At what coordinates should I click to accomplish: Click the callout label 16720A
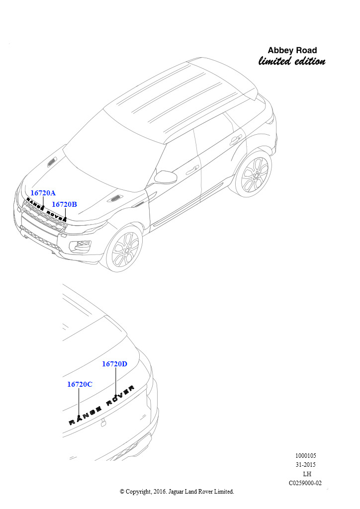(43, 193)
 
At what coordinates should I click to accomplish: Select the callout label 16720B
(64, 204)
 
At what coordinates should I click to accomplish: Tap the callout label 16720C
(80, 384)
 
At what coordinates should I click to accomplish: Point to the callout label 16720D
(114, 364)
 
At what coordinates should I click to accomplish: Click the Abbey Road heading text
(292, 50)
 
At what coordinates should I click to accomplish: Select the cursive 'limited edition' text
(292, 61)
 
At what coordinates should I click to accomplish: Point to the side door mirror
(166, 177)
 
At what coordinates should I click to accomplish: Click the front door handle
(192, 170)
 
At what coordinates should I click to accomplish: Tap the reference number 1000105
(305, 456)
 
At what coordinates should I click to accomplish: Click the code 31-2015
(305, 465)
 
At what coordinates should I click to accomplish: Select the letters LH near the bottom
(307, 474)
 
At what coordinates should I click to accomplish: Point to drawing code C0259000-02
(305, 483)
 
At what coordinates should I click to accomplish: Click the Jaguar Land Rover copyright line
(177, 492)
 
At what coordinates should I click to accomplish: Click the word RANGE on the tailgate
(85, 417)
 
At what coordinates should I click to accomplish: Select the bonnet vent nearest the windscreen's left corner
(52, 162)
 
